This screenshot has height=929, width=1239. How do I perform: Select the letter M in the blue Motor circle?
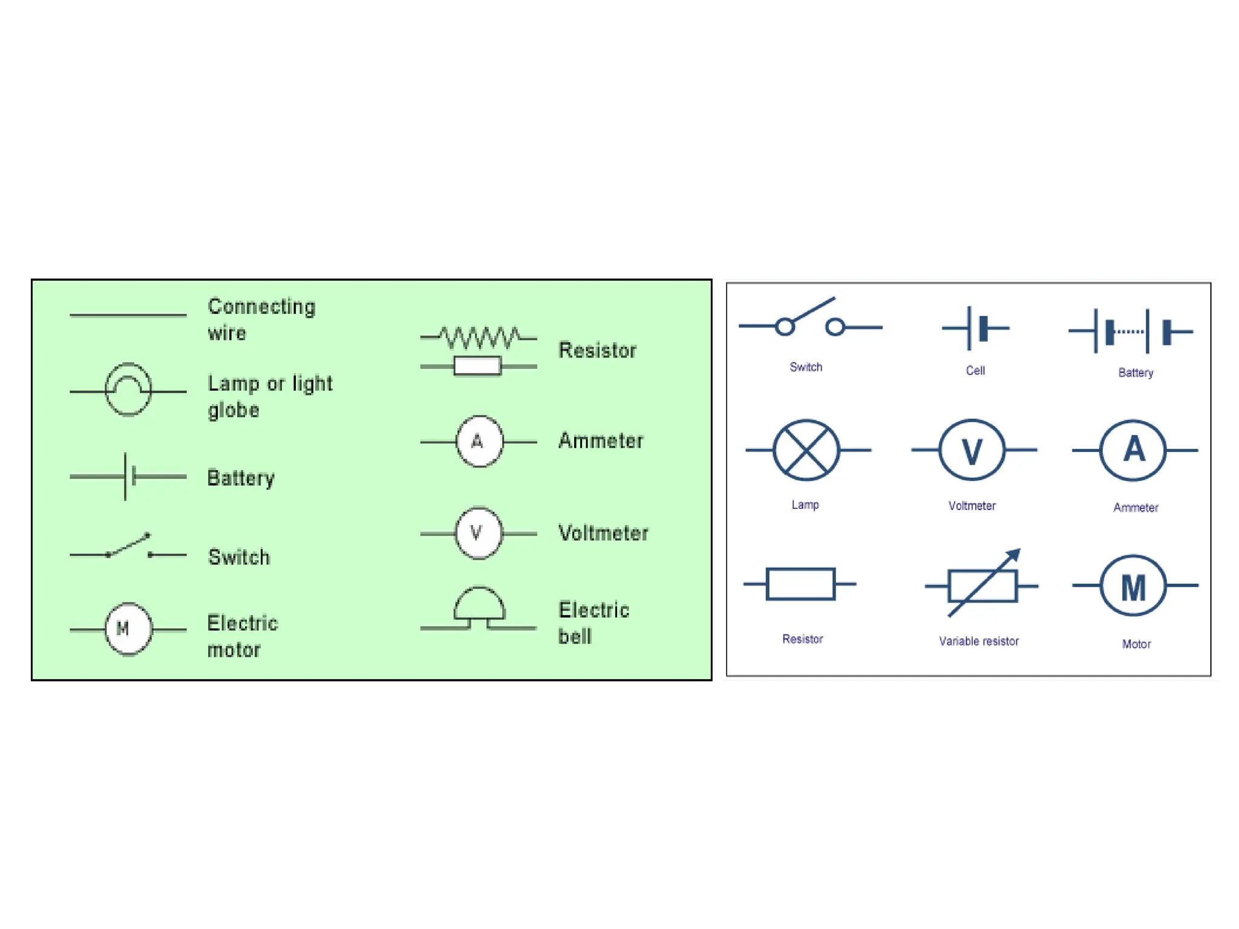[1133, 587]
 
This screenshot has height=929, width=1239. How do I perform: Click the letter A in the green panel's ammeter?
[477, 442]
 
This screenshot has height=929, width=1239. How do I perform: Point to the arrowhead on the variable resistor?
[1014, 555]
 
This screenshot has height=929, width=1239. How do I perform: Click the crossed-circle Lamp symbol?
[806, 450]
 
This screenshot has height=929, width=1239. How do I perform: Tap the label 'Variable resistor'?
[978, 641]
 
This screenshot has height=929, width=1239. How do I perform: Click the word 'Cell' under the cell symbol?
[975, 370]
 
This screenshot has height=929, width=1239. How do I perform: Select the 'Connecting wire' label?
[261, 319]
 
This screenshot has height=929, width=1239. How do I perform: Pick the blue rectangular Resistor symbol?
[800, 584]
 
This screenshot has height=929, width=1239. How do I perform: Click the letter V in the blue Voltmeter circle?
[972, 451]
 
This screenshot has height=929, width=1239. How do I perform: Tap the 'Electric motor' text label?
[242, 636]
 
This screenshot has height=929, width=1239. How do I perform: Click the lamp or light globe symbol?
[128, 390]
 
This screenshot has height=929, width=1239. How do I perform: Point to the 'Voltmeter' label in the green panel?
[603, 533]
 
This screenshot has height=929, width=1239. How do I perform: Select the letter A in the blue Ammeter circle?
[1134, 449]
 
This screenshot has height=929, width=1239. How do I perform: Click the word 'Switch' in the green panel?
[239, 556]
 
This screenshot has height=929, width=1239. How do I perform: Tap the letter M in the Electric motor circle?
[123, 628]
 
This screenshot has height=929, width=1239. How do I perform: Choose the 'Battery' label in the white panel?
[1135, 373]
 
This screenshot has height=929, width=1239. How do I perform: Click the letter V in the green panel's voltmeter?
[476, 533]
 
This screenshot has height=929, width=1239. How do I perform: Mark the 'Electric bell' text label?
[593, 622]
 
